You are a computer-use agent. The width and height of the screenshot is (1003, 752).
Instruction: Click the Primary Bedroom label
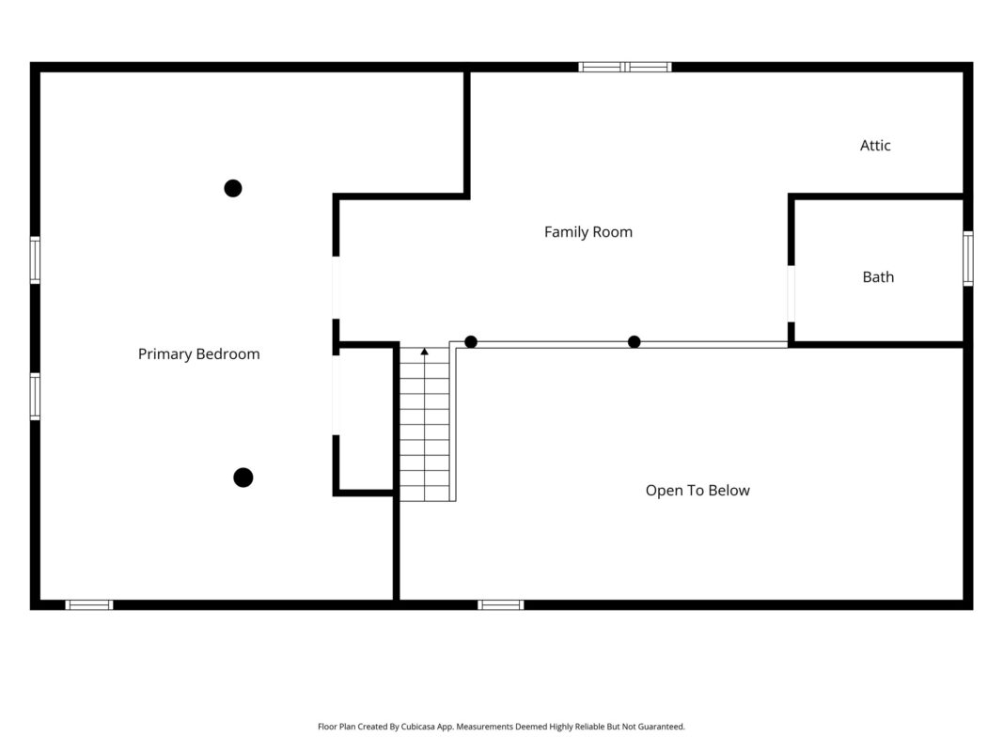click(x=199, y=354)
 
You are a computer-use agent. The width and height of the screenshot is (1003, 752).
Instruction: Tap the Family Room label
click(x=588, y=232)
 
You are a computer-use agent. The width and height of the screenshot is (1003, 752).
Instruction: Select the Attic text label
click(x=875, y=146)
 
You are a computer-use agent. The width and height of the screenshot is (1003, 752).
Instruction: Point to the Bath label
click(x=878, y=277)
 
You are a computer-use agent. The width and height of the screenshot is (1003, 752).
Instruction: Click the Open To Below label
click(x=697, y=491)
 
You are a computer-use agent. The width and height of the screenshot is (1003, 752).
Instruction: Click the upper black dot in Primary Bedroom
click(x=233, y=188)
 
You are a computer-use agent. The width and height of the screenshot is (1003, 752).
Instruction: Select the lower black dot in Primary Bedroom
click(x=243, y=477)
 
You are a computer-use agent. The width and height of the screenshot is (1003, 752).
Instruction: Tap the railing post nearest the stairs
click(x=471, y=342)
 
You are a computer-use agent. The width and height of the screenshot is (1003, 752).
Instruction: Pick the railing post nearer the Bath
click(x=634, y=342)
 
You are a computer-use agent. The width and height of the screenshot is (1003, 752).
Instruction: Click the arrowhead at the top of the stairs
click(x=424, y=352)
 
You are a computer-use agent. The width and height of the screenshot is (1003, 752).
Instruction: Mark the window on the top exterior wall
click(x=625, y=67)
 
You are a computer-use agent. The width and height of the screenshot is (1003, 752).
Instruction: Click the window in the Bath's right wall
click(x=968, y=258)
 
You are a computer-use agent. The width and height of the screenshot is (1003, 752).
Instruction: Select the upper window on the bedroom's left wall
click(x=35, y=259)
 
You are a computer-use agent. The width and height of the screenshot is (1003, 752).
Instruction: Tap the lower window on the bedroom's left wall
click(x=35, y=397)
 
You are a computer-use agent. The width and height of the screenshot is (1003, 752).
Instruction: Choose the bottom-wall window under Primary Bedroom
click(x=89, y=605)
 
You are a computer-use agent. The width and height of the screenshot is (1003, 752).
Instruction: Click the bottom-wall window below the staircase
click(x=501, y=605)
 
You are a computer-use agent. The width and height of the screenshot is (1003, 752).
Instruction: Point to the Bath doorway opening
click(x=791, y=293)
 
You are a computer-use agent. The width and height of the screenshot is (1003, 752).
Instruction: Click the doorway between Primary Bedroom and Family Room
click(x=336, y=288)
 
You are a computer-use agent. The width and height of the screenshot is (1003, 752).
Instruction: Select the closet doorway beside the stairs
click(x=336, y=395)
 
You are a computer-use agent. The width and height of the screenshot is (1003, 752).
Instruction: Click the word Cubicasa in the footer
click(x=417, y=727)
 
